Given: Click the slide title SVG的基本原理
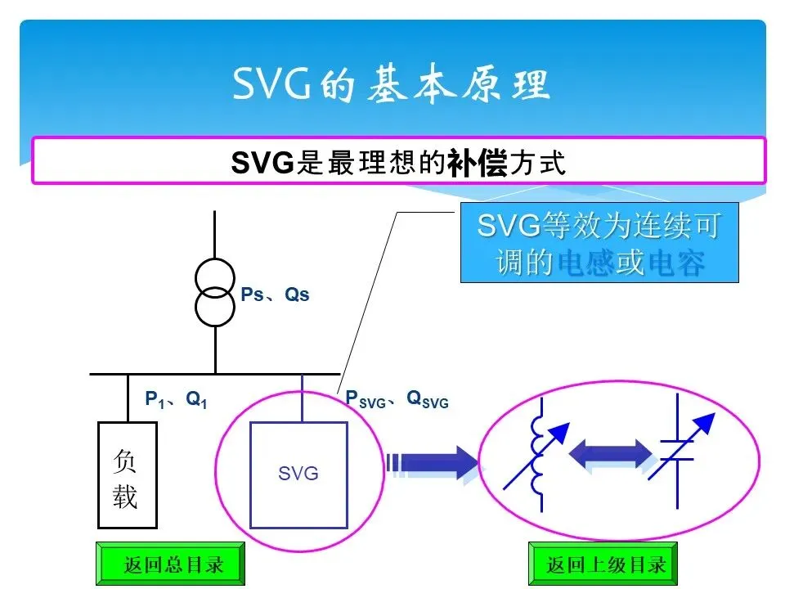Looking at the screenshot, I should point(392,85).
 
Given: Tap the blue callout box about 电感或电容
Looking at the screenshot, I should point(599,242).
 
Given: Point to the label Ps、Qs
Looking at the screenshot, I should point(276,294).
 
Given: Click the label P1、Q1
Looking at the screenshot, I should point(176,399).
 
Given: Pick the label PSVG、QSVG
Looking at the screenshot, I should point(397,399).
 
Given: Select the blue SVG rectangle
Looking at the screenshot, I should point(298,472).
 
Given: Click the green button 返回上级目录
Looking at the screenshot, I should point(606,564).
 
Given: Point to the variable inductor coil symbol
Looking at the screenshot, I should point(537,454).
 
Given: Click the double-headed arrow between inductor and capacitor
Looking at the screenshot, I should point(610,455).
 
